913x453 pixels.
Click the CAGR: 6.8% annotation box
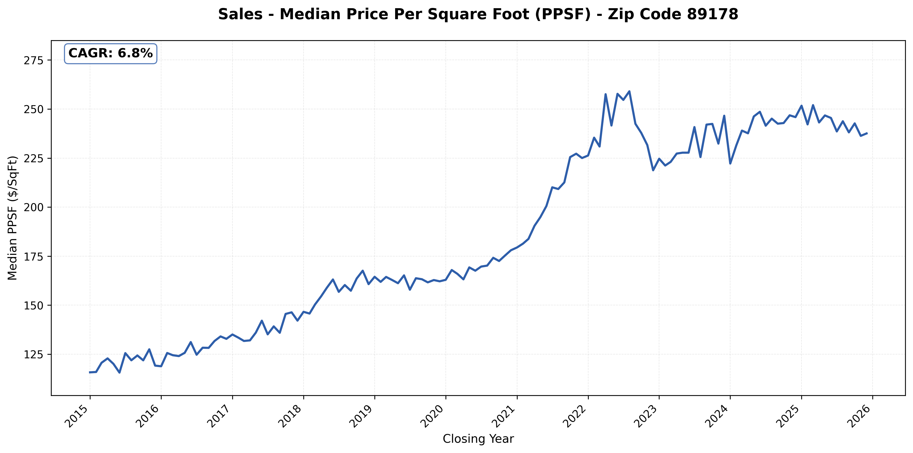coord(110,53)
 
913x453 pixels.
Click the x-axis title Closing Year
coord(478,439)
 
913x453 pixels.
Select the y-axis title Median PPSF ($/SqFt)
coord(13,218)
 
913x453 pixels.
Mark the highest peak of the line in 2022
coord(629,91)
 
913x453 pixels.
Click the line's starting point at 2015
coord(90,372)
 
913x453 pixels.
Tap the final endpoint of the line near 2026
coord(867,133)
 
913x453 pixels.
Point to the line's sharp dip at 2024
coord(730,163)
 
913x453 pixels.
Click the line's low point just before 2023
coord(653,170)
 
